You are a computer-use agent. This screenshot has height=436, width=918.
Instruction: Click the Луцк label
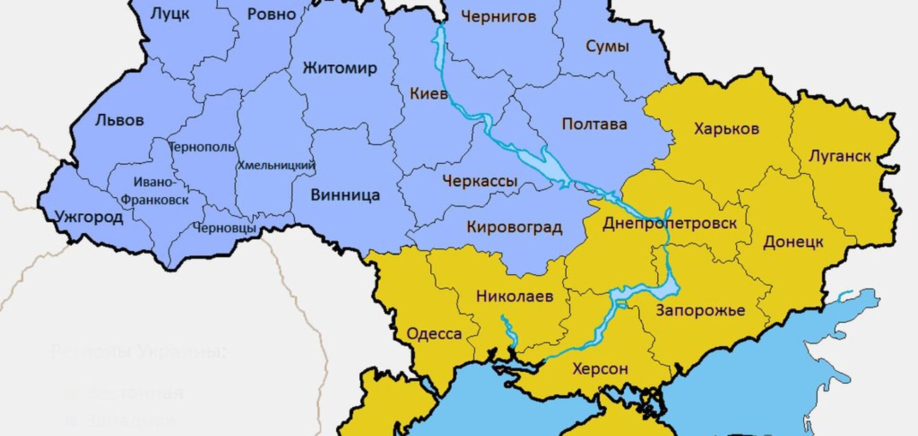point(170,14)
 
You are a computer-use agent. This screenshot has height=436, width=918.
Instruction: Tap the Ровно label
point(272,14)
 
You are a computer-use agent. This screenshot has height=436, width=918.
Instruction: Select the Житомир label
point(340,68)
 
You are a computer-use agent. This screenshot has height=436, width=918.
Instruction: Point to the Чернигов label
point(498,17)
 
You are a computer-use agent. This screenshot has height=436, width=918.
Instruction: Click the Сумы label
point(607,46)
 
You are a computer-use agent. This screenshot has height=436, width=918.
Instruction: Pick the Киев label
point(428,93)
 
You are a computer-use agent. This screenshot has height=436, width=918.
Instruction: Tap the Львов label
point(119,120)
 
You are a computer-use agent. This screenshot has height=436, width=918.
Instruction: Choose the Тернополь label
point(202,147)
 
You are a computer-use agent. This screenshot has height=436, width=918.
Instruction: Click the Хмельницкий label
point(276,166)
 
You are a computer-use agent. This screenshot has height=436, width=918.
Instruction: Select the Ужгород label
point(89,217)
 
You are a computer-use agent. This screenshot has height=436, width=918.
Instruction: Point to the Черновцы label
point(224,228)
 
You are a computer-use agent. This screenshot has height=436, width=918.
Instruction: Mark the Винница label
point(345,195)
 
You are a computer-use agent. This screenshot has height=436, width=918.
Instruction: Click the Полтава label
point(595,124)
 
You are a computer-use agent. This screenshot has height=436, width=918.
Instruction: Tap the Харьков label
point(726,129)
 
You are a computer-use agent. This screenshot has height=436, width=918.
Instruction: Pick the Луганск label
point(840,156)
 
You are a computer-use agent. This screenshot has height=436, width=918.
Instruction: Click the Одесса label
point(434,334)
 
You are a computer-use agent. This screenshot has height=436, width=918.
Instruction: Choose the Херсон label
point(600,369)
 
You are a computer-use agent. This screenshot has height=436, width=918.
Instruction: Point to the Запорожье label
point(700,310)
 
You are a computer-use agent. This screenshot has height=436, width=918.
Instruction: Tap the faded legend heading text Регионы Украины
point(138,352)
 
